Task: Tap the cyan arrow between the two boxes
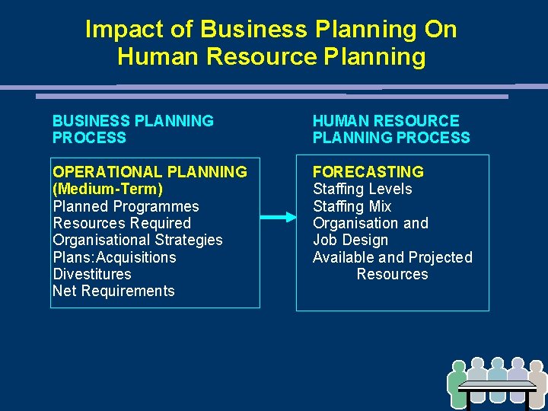click(279, 218)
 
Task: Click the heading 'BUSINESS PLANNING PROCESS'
click(132, 129)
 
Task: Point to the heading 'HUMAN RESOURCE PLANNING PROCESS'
click(391, 129)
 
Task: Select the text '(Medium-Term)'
click(107, 189)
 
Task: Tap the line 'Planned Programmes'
click(126, 206)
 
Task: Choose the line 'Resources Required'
click(122, 223)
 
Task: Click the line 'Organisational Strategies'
click(138, 240)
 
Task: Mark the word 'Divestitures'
click(91, 274)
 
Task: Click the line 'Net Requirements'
click(113, 291)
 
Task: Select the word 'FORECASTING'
click(368, 172)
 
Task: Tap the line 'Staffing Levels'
click(362, 189)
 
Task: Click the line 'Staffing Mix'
click(352, 206)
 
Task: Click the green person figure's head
click(457, 366)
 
